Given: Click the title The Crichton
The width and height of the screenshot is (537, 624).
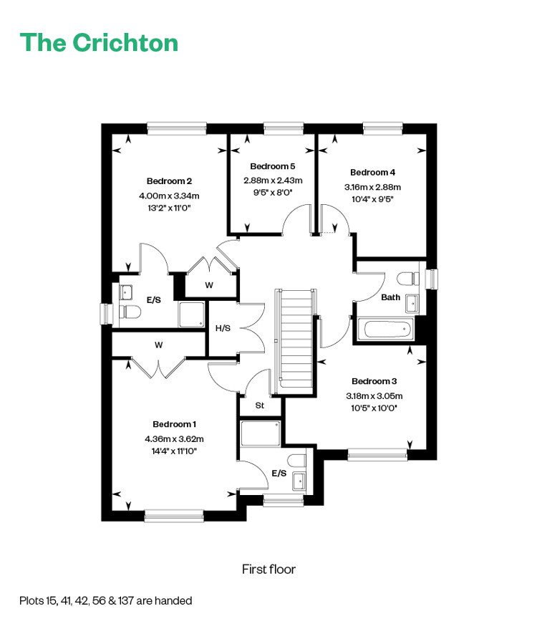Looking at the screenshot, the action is coord(99,42).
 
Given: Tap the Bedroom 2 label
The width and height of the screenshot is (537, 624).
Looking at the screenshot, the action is coord(169,181).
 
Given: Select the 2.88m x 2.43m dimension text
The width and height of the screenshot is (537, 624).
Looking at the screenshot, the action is coord(273,181).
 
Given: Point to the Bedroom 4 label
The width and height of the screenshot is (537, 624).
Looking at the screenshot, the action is coord(373,173).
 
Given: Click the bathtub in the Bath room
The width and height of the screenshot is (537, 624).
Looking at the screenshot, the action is coord(385,329).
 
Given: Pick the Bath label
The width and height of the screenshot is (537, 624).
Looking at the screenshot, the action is coord(391,297).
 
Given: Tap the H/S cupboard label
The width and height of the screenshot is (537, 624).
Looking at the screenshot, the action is coord(223,328).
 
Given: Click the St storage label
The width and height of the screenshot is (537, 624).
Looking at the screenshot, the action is coord(260,405).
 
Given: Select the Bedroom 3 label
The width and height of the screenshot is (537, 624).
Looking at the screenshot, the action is coord(374,381).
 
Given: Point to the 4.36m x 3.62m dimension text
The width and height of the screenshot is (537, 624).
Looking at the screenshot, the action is coord(174,439).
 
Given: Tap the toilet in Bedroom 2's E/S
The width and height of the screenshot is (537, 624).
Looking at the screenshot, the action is coord(130,312).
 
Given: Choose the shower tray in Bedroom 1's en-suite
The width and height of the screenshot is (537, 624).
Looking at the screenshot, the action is coord(261,433).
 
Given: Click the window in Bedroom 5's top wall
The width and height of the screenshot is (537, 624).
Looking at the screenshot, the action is coord(284,128).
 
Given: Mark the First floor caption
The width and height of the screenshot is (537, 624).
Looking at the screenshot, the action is coord(269,569).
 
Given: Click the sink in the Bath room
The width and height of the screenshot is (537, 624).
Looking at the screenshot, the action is coord(412,304).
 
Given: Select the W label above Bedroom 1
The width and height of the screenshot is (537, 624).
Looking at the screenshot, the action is coord(159,345).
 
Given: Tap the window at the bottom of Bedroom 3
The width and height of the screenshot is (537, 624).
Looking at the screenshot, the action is coord(377,455).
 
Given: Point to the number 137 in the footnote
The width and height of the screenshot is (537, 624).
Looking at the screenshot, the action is coord(126,600).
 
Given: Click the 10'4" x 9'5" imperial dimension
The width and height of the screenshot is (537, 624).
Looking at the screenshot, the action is coord(373,199).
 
